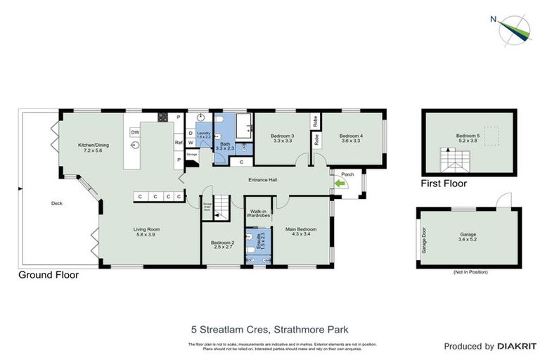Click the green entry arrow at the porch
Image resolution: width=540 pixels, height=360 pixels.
(x=341, y=184)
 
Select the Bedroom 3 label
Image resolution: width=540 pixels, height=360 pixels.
(x=282, y=138)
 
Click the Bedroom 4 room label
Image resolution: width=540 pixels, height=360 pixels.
(x=350, y=138)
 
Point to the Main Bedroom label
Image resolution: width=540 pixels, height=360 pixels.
(x=300, y=231)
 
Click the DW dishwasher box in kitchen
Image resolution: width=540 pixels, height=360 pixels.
(x=135, y=131)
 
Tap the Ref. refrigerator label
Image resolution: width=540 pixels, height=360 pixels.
(x=179, y=143)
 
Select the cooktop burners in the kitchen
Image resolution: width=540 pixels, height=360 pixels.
(x=162, y=117)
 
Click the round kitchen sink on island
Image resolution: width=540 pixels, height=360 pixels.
(x=134, y=146)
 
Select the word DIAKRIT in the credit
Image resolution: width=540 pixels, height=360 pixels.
(x=517, y=346)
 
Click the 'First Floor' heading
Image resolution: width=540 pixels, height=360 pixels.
(x=444, y=184)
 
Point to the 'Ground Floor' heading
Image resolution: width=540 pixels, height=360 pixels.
(x=49, y=275)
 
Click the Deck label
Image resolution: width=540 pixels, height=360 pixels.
(x=58, y=203)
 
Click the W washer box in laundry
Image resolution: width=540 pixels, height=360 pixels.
(x=191, y=143)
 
